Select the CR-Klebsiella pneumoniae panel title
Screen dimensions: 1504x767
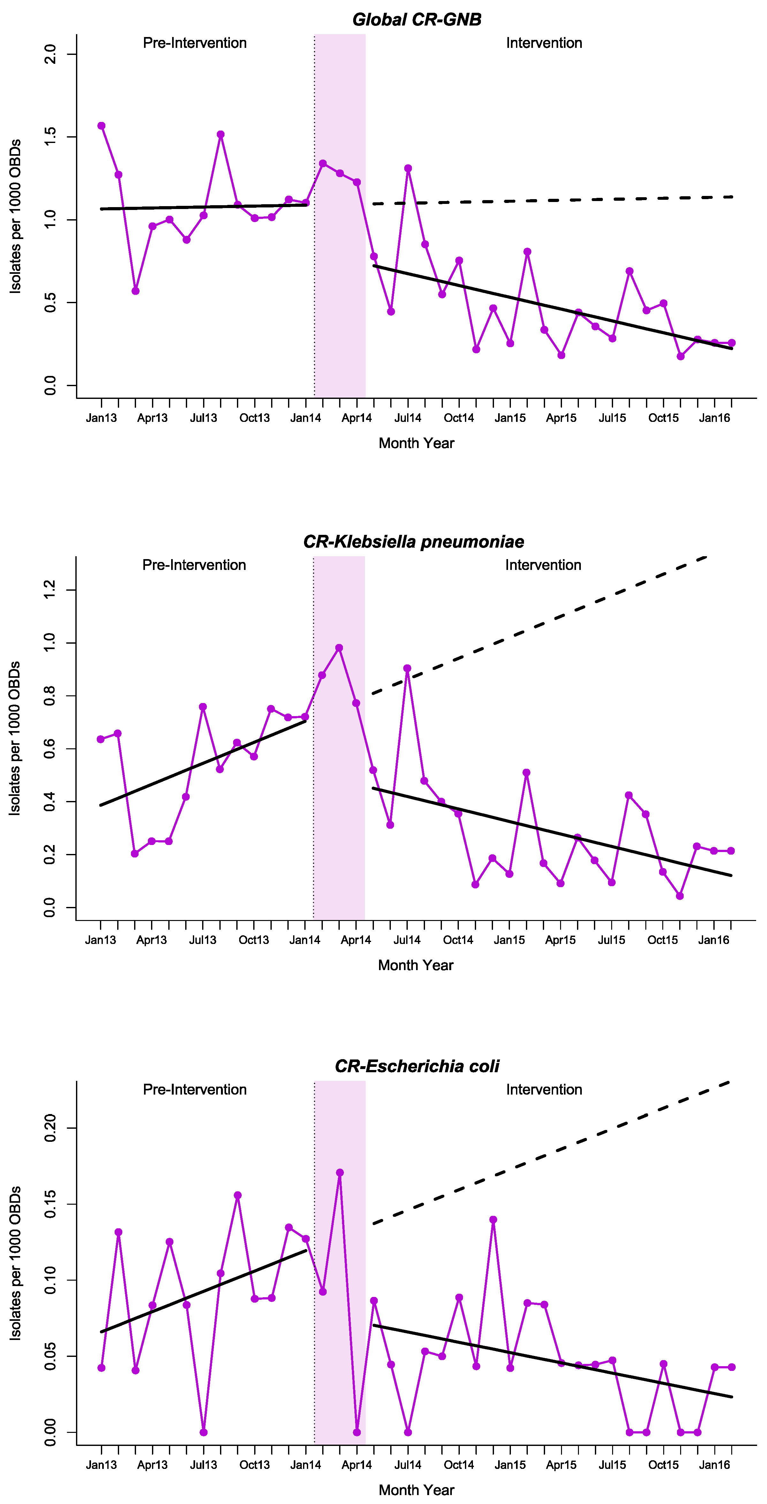[414, 542]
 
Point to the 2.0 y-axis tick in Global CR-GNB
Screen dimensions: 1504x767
[51, 54]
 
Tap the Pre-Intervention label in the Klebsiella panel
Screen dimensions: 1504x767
[194, 565]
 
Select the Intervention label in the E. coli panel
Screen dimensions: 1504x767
[544, 1089]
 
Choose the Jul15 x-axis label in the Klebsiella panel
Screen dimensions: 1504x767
[611, 940]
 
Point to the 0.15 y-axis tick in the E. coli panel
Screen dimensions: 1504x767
[51, 1204]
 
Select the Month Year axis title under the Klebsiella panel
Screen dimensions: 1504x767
[416, 965]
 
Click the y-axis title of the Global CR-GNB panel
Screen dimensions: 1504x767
[15, 216]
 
